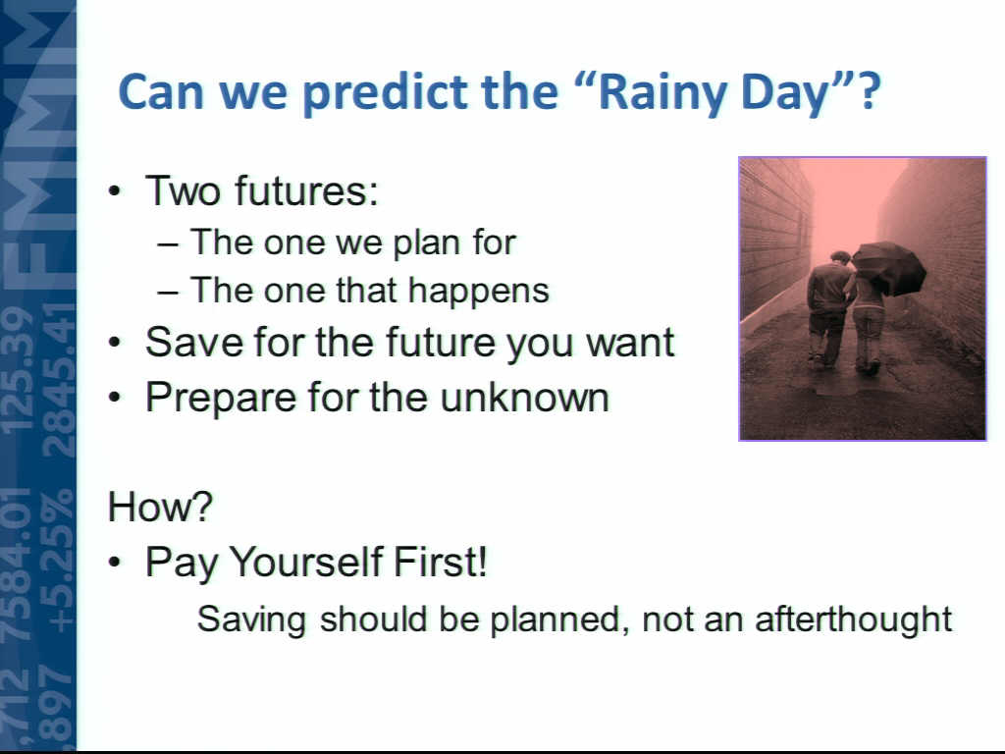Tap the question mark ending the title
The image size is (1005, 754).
point(870,91)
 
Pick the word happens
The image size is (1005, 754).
point(479,291)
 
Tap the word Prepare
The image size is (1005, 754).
point(221,398)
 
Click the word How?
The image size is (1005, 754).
point(160,507)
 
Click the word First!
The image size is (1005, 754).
point(441,562)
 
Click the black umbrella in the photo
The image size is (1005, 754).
point(889,267)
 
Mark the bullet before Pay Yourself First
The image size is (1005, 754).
point(114,563)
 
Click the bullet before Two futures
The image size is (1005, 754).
point(114,191)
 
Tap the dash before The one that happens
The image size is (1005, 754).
point(168,293)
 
